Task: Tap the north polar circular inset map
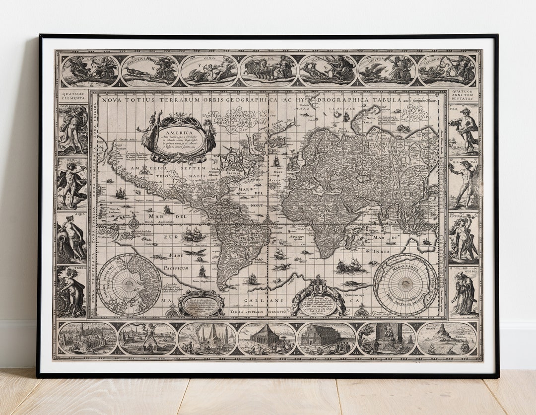point(129,284)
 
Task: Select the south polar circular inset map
point(405,284)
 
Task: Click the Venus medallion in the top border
point(209,70)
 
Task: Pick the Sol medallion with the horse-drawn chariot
point(268,70)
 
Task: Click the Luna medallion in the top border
point(90,70)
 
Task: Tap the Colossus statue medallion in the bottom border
point(147,339)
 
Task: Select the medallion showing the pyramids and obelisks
point(207,339)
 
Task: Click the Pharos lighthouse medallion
point(447,339)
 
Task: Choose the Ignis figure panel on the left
point(72,129)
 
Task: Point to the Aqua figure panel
point(72,237)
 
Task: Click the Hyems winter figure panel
point(464,292)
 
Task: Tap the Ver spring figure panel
point(464,129)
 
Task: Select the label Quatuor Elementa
point(72,95)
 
